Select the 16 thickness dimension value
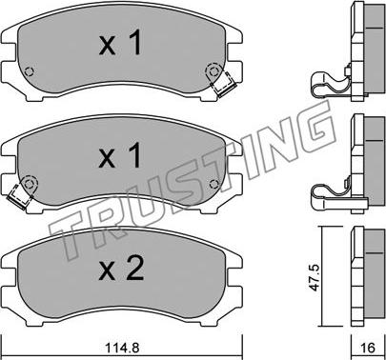click(x=368, y=348)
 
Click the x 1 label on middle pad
click(x=120, y=155)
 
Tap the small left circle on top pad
click(x=30, y=71)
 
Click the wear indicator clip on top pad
click(x=225, y=85)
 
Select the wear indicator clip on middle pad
click(x=19, y=196)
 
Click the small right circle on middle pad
click(x=214, y=184)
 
